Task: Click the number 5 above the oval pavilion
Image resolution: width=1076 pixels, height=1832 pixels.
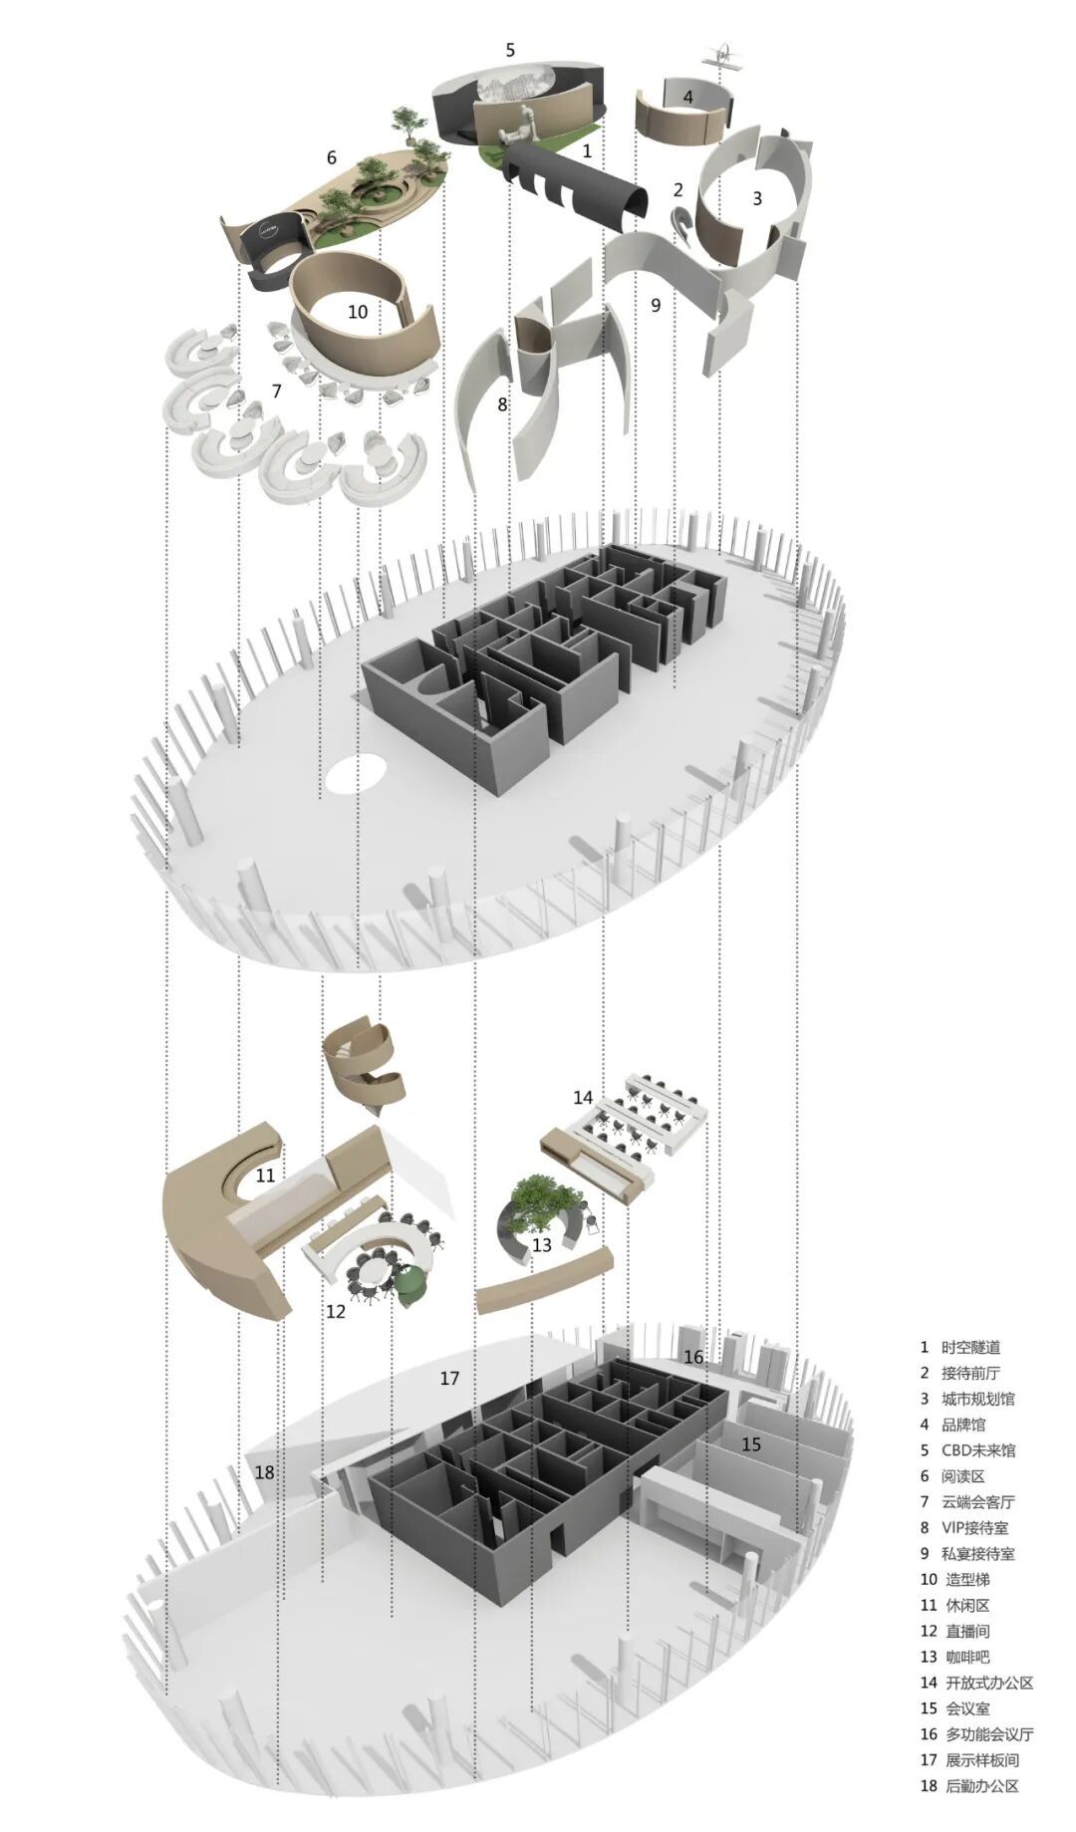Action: coord(510,50)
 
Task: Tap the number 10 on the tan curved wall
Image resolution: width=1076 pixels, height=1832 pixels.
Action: coord(358,312)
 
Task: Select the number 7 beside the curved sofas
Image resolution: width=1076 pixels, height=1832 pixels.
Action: coord(276,392)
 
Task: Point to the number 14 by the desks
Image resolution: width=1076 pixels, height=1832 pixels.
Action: coord(583,1097)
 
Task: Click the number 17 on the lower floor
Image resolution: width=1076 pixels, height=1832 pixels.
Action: coord(449,1378)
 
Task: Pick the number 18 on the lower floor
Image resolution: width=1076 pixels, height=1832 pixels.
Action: coord(264,1471)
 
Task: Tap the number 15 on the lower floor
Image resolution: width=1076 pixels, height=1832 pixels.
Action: coord(750,1443)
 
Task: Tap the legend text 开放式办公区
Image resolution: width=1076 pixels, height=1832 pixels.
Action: coord(987,1683)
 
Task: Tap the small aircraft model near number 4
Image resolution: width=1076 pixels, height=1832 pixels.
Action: coord(726,55)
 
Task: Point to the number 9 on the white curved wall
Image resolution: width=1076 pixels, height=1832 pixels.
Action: coord(656,305)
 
